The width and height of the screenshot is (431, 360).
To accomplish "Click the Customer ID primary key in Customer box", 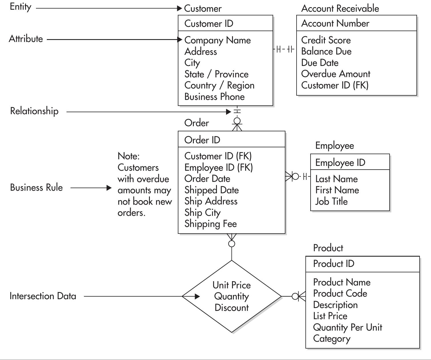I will click(209, 23).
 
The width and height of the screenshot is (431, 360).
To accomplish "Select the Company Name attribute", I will click(217, 40).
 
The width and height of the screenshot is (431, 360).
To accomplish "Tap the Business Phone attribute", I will click(214, 97).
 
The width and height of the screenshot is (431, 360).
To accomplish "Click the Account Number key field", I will click(335, 23).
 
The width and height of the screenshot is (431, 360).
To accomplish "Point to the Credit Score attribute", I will click(326, 40).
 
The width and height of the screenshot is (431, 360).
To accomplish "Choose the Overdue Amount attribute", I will click(335, 74).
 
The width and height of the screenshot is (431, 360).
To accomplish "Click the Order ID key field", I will click(202, 140).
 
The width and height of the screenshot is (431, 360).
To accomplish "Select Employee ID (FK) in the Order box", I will click(218, 167).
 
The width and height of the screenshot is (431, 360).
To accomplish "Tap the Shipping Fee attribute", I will click(210, 224).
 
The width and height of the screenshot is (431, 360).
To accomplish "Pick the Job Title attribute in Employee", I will click(331, 202).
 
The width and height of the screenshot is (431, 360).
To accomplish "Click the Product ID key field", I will click(333, 264).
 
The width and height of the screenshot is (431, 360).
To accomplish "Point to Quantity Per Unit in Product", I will click(347, 327).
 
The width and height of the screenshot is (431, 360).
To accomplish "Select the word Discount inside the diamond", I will click(231, 308).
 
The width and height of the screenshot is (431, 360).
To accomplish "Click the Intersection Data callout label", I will click(43, 296).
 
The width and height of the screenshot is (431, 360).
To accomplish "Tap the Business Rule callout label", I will click(36, 188).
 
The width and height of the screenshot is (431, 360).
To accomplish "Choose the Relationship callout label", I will click(34, 111).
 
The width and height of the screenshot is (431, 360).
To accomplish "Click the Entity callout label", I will click(20, 7).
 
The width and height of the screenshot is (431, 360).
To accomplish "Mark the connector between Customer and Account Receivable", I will click(285, 49).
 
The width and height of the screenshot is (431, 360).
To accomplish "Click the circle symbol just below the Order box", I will click(232, 244).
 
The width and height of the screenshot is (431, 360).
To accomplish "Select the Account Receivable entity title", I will click(340, 9).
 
